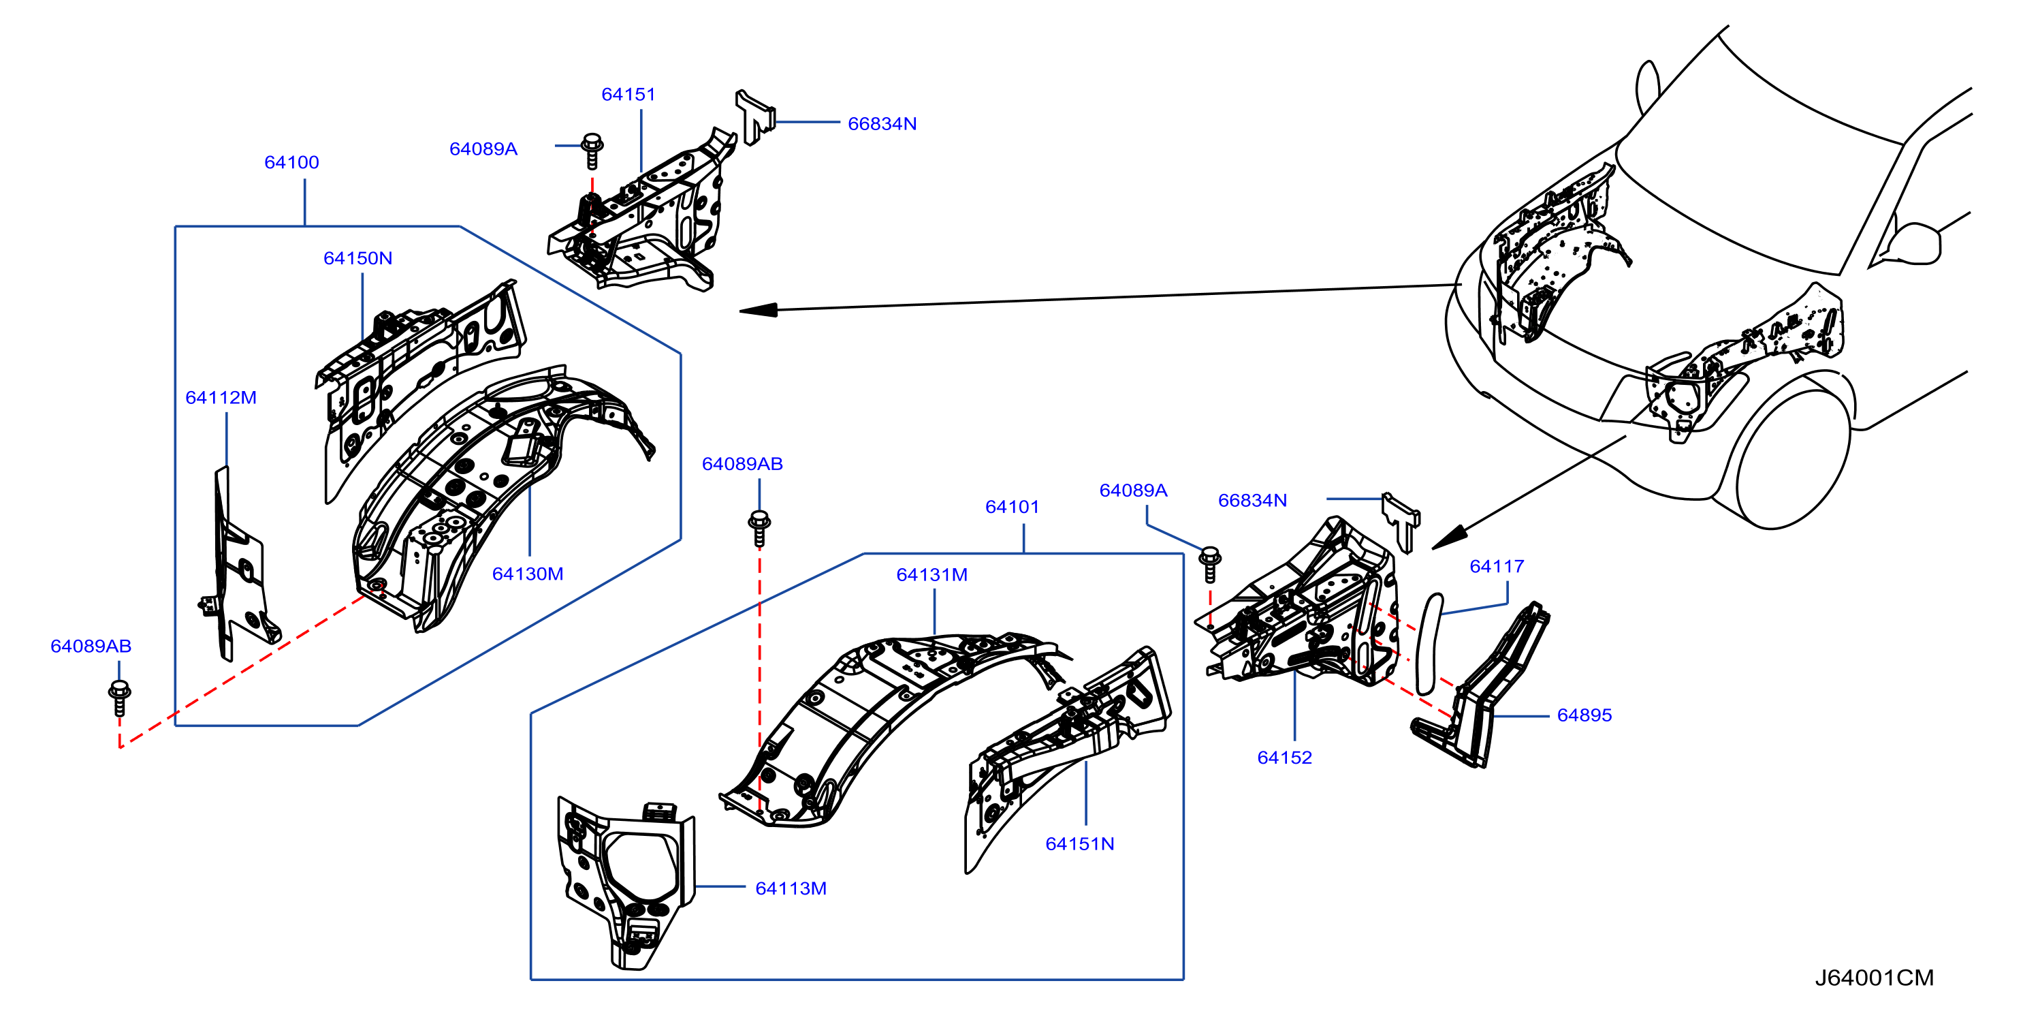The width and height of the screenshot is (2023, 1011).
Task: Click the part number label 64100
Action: coord(291,163)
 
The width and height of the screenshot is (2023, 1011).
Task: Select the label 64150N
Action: coord(358,258)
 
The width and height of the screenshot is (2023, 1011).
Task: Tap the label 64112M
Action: coord(221,397)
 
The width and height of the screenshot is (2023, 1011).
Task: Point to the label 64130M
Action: coord(528,574)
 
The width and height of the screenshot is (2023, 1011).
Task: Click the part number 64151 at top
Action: coord(628,94)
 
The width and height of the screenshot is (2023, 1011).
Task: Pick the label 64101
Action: coord(1013,508)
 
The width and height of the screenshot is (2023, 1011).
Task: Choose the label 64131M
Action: coord(932,575)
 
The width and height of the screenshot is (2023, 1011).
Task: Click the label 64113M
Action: coord(791,888)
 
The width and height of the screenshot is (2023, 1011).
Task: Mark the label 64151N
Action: coord(1080,843)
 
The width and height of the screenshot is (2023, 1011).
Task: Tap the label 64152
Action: coord(1285,758)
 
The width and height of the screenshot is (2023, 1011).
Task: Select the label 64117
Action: coord(1497,566)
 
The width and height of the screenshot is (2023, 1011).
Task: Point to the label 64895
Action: coord(1584,715)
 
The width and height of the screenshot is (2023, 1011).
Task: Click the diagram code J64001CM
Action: coord(1875,978)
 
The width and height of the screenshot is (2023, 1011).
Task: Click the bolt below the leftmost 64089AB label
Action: coord(119,698)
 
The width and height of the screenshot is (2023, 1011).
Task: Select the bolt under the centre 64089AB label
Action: coord(759,529)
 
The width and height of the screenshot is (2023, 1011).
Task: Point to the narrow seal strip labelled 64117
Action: coord(1429,644)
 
